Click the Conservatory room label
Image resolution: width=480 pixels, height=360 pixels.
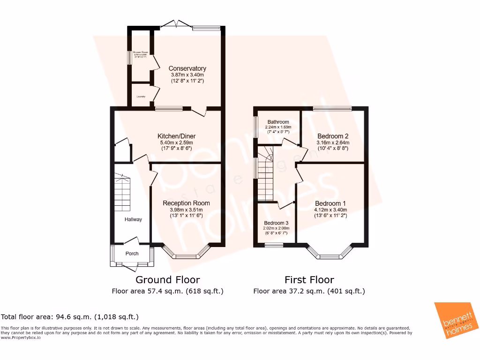coord(187,68)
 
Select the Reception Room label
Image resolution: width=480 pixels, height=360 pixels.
coord(186,203)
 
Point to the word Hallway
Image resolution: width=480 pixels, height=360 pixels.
coord(133,219)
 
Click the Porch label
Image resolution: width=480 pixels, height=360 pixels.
coord(132,254)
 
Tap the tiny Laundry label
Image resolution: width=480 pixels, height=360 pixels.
coord(141,97)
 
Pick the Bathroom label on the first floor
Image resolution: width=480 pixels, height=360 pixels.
coord(278,122)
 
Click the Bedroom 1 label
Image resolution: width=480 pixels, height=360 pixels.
coord(330,203)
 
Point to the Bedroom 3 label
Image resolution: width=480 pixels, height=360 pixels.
coord(276,223)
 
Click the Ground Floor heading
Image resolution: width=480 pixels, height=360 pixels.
coord(167,280)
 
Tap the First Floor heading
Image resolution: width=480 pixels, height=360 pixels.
coord(309,280)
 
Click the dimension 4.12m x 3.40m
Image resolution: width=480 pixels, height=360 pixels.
coord(330,210)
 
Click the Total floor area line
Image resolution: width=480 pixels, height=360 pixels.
coord(70,316)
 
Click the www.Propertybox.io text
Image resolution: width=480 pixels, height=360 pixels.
coord(21,337)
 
